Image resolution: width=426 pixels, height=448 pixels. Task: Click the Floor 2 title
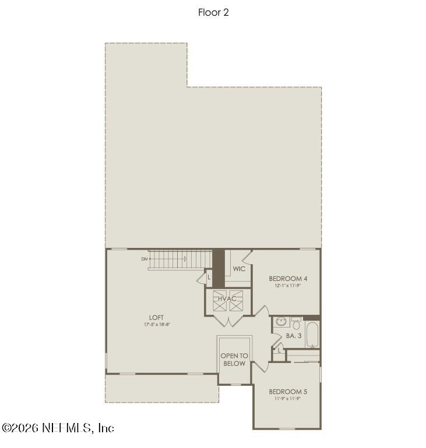pyautogui.click(x=213, y=12)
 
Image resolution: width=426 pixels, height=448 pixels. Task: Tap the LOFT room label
pyautogui.click(x=156, y=317)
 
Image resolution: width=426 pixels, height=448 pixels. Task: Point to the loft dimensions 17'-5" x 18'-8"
pyautogui.click(x=156, y=324)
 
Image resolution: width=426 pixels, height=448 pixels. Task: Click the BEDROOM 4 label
pyautogui.click(x=288, y=278)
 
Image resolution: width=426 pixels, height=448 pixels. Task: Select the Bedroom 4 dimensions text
pyautogui.click(x=288, y=286)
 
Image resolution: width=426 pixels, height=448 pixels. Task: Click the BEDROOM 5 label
pyautogui.click(x=288, y=391)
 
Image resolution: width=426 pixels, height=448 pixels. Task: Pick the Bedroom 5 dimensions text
pyautogui.click(x=288, y=399)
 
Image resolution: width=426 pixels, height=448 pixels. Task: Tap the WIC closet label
pyautogui.click(x=239, y=269)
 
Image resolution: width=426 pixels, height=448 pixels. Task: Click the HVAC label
pyautogui.click(x=227, y=299)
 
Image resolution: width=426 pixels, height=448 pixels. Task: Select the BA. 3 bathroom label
pyautogui.click(x=293, y=336)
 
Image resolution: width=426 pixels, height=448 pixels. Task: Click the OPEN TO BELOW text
pyautogui.click(x=234, y=360)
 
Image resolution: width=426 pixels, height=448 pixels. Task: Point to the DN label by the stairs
pyautogui.click(x=144, y=259)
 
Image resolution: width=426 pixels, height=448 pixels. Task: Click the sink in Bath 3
pyautogui.click(x=281, y=321)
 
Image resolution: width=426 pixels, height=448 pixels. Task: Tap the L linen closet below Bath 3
pyautogui.click(x=279, y=350)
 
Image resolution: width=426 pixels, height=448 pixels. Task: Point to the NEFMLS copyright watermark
pyautogui.click(x=58, y=428)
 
